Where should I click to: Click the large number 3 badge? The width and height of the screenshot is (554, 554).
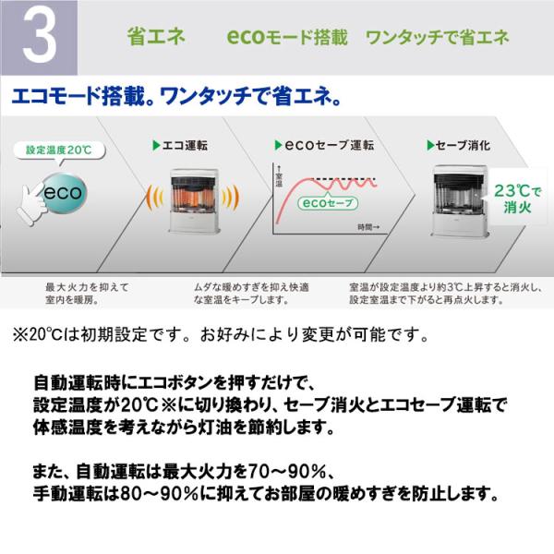tap(39, 37)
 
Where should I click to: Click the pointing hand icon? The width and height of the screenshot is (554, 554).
tap(31, 204)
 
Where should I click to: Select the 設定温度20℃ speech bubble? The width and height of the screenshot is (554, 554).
tap(59, 151)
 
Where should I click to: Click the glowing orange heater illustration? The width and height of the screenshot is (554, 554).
tap(194, 200)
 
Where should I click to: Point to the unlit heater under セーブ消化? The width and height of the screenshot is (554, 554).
tap(460, 200)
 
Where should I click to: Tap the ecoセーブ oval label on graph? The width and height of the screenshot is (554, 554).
tap(328, 203)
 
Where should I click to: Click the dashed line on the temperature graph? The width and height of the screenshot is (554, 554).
tap(344, 179)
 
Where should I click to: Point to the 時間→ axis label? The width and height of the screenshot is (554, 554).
tap(368, 227)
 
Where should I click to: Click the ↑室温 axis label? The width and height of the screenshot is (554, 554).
tap(279, 175)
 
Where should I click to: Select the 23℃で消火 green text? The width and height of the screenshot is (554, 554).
tap(517, 199)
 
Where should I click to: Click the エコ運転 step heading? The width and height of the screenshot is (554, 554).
tap(180, 145)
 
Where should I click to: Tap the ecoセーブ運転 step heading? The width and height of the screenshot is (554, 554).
tap(324, 145)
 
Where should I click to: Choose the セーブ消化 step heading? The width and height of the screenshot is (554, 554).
tap(458, 145)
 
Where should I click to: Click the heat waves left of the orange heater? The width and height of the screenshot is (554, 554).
tap(155, 198)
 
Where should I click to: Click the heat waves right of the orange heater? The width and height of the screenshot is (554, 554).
tap(230, 198)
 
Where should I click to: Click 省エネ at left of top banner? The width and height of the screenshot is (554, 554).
tap(156, 37)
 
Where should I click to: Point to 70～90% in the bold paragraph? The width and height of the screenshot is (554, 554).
tap(287, 471)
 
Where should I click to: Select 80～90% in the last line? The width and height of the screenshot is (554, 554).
tap(160, 494)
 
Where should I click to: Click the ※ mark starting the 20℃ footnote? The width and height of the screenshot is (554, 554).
tap(20, 334)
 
